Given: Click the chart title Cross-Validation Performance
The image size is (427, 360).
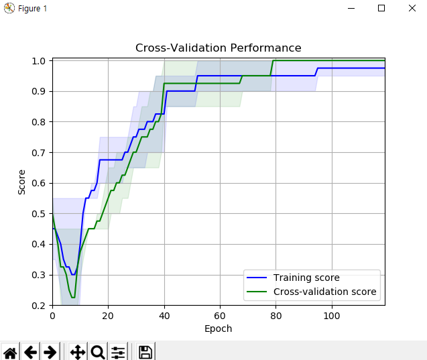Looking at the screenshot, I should tap(218, 48).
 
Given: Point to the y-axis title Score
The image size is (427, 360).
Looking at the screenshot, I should tap(22, 182).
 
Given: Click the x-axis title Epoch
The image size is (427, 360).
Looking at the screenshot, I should tap(218, 328).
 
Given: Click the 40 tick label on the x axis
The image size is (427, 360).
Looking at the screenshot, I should tap(164, 316).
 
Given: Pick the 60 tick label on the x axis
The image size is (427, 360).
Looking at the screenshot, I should tap(220, 316).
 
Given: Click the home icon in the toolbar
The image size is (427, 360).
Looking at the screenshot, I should tap(10, 352).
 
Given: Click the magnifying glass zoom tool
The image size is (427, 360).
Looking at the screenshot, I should tap(97, 352).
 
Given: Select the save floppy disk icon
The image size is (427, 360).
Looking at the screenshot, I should tap(145, 352).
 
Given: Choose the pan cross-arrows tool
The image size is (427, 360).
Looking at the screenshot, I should tap(77, 352).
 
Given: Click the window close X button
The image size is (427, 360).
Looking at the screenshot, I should tap(412, 8).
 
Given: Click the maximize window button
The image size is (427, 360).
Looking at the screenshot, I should tap(381, 8).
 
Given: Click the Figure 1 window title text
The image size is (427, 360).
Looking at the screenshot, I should tap(32, 8).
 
